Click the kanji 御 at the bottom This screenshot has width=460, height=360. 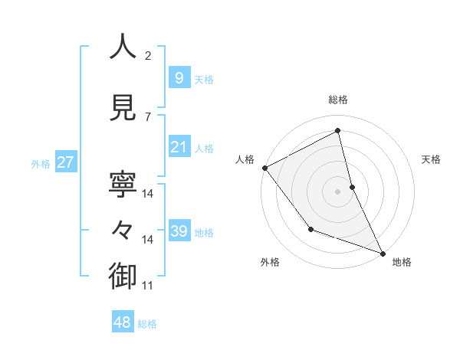(123, 276)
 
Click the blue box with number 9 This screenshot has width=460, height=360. (179, 77)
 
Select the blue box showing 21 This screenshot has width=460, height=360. (179, 147)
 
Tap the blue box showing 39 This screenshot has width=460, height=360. (179, 231)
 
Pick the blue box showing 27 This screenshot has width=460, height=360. (65, 162)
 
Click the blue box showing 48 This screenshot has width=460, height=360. (123, 322)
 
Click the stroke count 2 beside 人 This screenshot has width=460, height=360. (148, 56)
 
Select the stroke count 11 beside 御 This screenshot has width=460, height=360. (148, 286)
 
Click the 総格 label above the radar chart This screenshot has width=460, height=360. (338, 100)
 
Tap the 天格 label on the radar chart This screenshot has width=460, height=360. (432, 159)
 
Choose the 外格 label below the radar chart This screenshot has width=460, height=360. (270, 262)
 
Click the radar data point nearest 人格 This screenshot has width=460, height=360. (264, 168)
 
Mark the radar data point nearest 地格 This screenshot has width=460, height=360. (383, 252)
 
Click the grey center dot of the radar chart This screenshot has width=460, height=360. (337, 191)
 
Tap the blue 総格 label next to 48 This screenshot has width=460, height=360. (147, 324)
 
